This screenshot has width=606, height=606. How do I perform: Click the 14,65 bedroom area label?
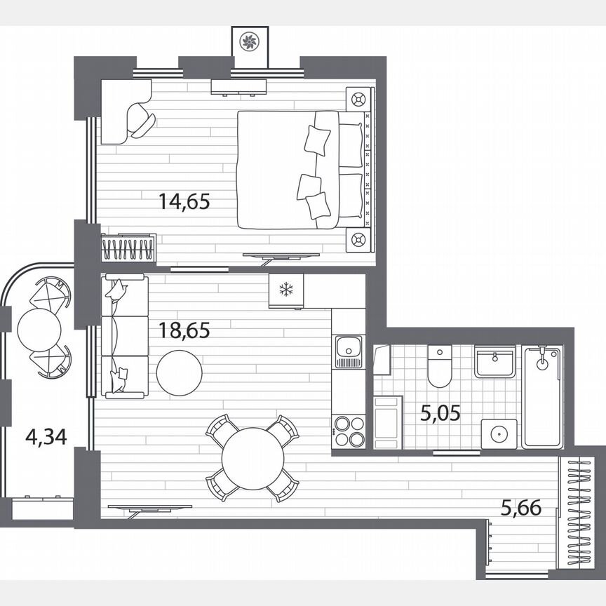[184, 203]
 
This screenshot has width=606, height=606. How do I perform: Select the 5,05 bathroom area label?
[440, 413]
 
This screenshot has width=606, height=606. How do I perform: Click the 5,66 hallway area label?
[521, 507]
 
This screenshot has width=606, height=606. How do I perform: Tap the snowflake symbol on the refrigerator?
[285, 290]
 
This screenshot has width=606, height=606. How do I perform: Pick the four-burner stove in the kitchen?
[349, 431]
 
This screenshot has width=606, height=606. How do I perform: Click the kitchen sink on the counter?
[348, 349]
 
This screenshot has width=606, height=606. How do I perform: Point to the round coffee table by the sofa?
[180, 372]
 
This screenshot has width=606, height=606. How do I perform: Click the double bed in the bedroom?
[302, 169]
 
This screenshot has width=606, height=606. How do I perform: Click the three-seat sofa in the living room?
[124, 337]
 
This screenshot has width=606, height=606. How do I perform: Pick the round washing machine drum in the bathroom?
[499, 433]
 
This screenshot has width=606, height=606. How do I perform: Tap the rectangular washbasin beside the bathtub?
[497, 363]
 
